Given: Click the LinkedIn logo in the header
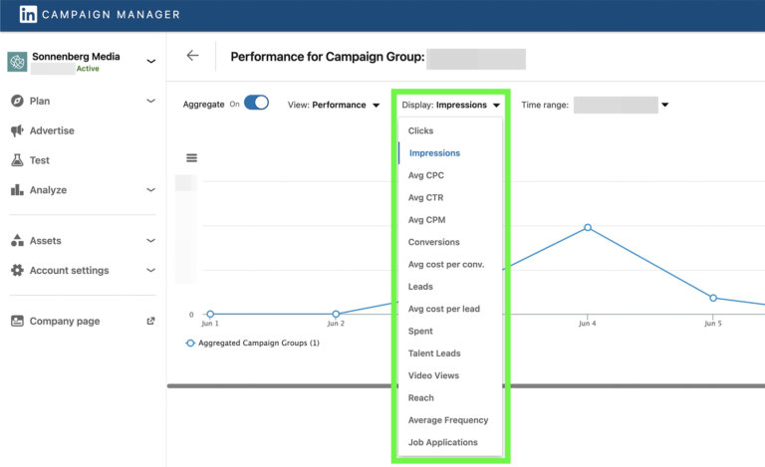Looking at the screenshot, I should point(28,15).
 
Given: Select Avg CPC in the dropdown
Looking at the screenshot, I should point(426,175).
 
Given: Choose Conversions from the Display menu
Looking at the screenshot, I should point(434,242).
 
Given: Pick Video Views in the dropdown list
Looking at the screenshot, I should point(434,375).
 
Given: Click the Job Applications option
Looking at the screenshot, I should point(443,442).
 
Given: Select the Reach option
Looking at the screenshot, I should point(421,397).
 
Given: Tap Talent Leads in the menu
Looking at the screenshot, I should point(434,353).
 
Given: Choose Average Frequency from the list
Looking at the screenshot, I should point(448,420).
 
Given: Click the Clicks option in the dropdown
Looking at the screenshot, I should point(420,131).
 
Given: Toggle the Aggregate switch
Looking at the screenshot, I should point(256,103).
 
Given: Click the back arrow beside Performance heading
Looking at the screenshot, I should point(192,56).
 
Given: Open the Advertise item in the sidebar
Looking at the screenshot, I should point(52,130).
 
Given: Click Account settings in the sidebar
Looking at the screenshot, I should point(69,270).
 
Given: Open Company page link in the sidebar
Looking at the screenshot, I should point(65,321).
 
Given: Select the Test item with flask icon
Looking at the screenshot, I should point(40,160).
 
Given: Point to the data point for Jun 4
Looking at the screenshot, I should point(588,227).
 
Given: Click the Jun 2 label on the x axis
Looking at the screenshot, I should point(336,324).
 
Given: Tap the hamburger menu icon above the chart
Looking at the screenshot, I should point(191,157).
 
